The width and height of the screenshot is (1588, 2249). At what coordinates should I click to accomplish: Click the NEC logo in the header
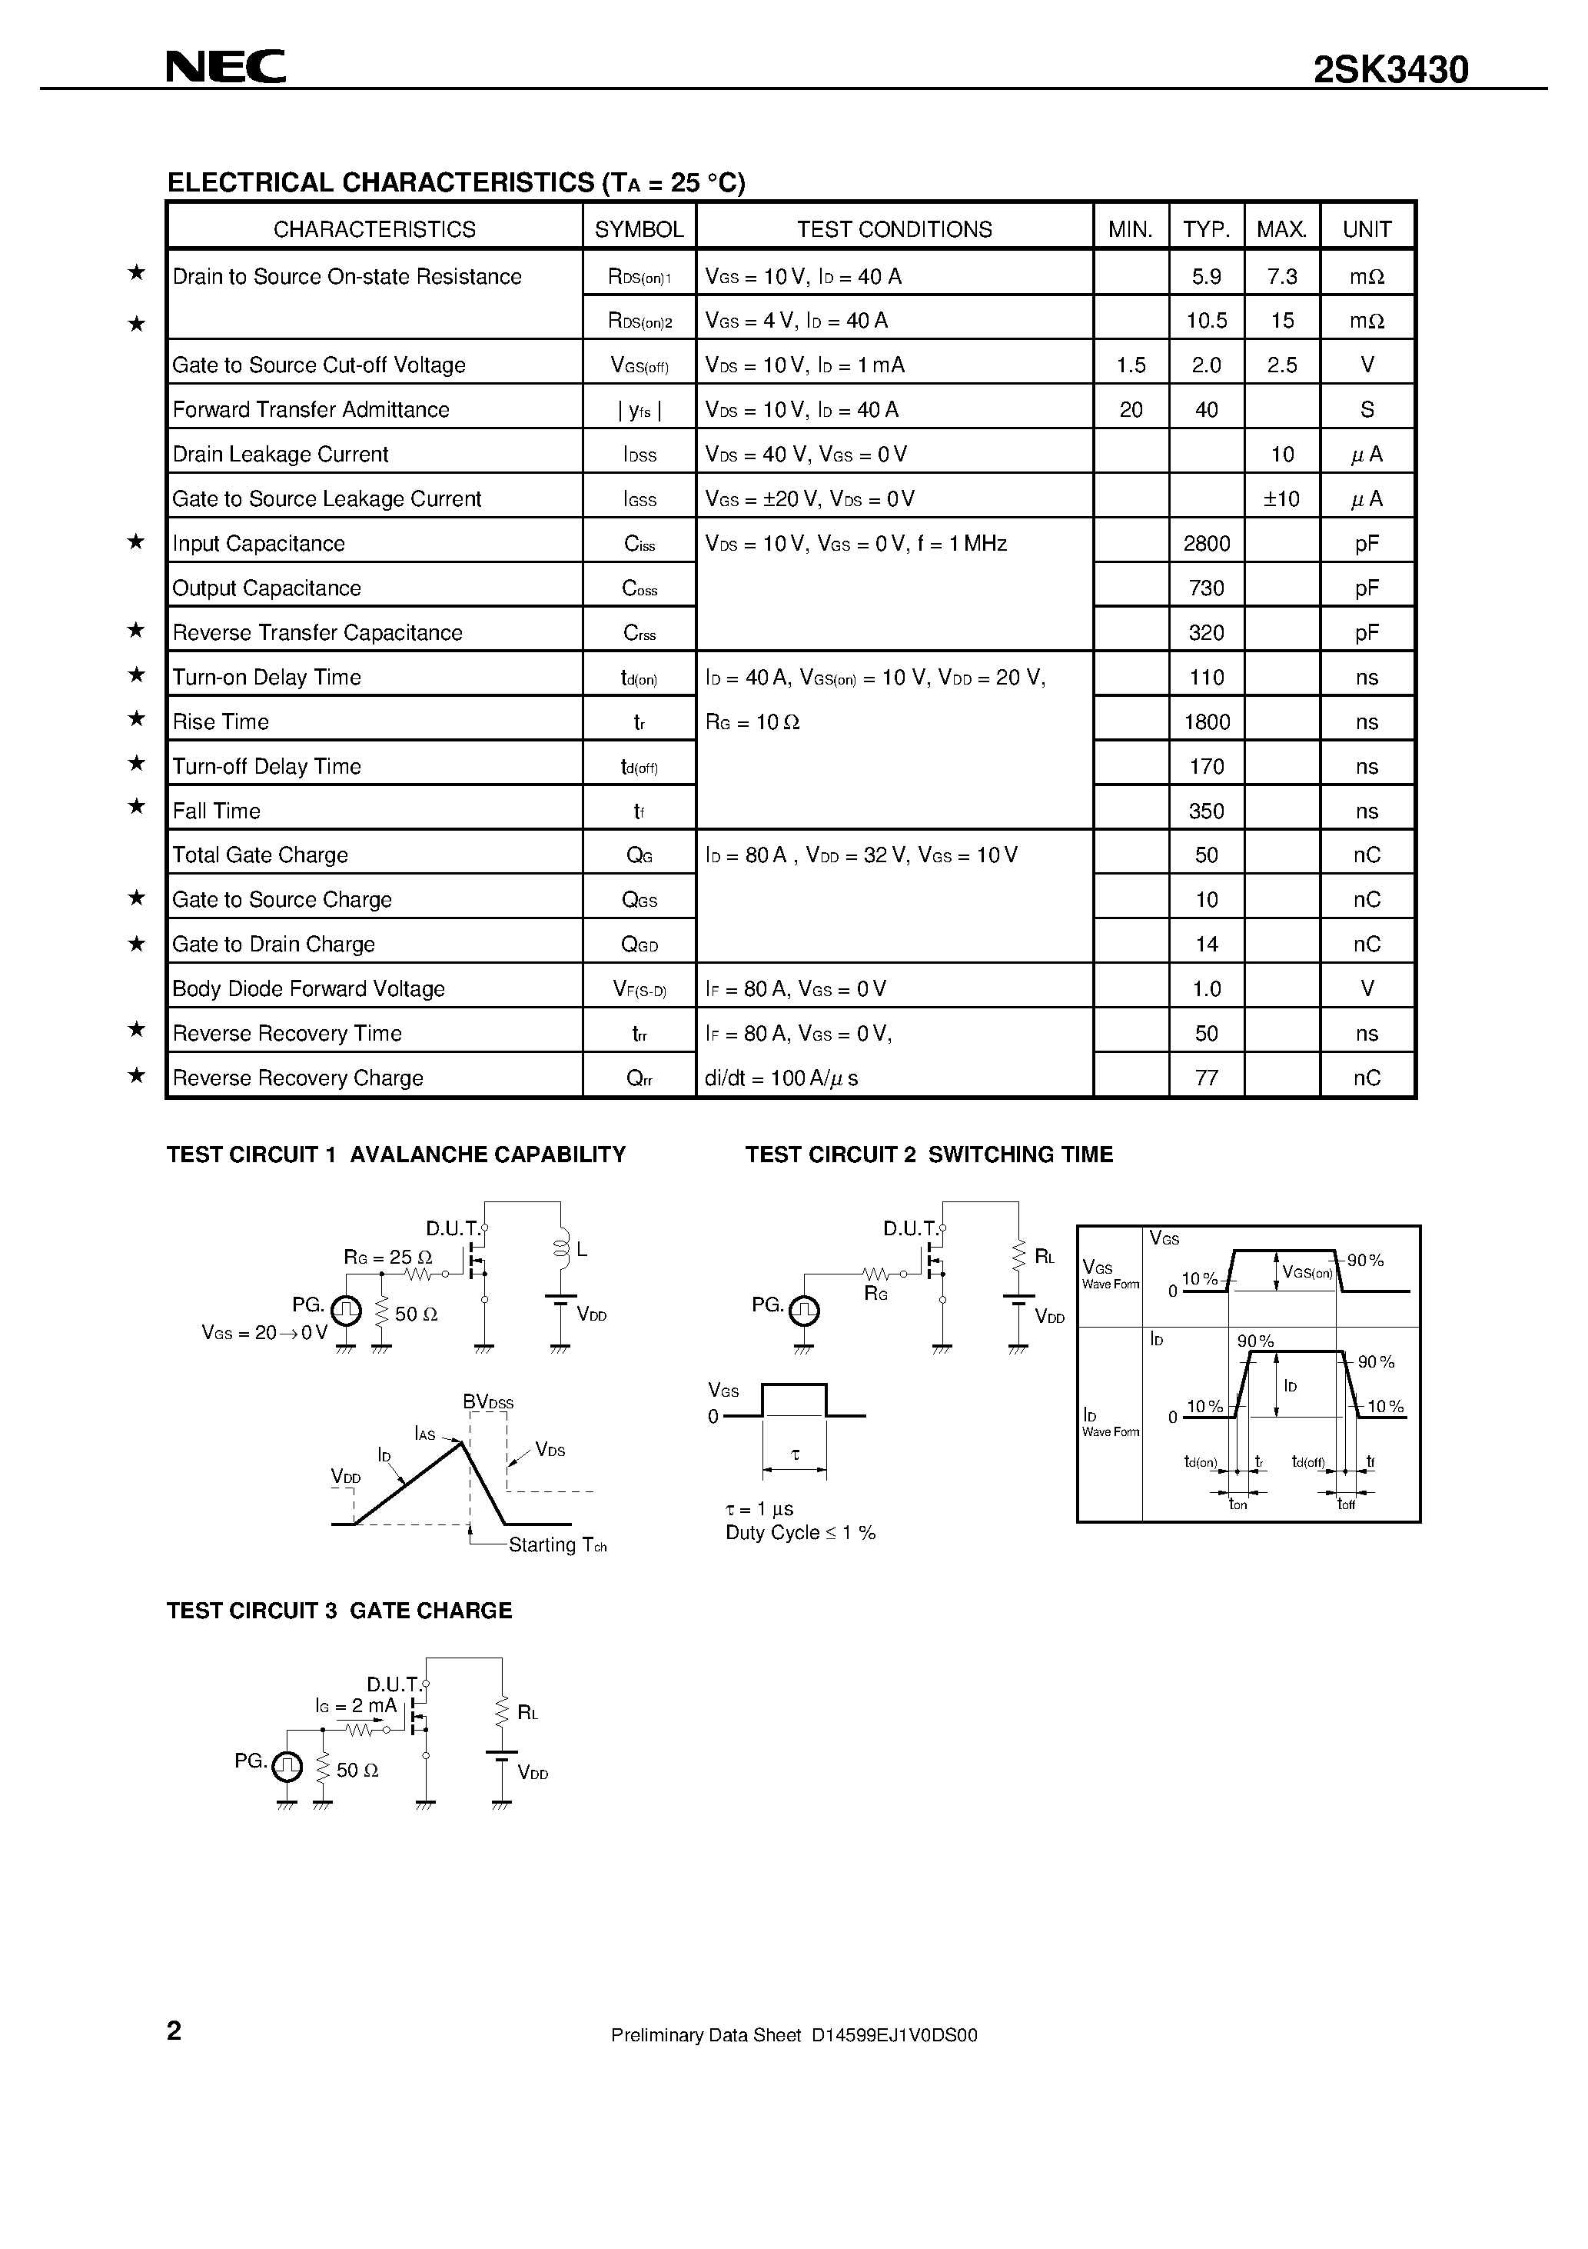point(225,67)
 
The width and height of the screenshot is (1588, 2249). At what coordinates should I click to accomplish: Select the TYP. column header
point(1206,229)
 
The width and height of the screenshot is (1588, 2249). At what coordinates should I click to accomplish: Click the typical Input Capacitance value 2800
point(1206,544)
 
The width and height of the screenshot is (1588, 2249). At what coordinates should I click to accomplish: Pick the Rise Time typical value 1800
point(1206,722)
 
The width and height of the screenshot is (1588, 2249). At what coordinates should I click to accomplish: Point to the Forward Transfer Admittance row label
point(311,409)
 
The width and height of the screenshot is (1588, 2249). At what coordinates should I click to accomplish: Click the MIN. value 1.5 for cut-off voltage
point(1131,365)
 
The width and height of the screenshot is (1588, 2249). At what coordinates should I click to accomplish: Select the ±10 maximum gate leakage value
point(1281,498)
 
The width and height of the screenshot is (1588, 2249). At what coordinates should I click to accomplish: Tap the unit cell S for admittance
point(1367,409)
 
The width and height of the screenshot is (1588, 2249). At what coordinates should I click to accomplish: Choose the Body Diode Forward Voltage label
point(308,988)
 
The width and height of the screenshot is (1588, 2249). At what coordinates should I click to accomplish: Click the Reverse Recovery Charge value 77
point(1206,1078)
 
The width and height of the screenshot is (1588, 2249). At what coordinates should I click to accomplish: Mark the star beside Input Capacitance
point(137,541)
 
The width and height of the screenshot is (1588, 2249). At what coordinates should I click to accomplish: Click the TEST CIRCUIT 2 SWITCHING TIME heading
point(929,1154)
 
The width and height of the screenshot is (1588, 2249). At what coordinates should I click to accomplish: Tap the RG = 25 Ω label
point(387,1257)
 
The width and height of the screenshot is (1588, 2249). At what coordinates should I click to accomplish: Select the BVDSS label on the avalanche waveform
point(487,1401)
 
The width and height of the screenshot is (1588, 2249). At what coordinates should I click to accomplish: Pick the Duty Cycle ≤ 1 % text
point(800,1533)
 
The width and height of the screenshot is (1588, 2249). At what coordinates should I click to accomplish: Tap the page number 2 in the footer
point(174,2031)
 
